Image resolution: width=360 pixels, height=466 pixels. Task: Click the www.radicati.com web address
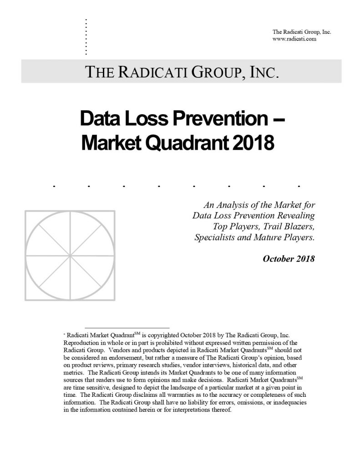point(294,39)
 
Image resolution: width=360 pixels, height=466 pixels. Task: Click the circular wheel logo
point(70,255)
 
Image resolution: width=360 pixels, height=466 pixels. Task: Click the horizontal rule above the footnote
point(127,328)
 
